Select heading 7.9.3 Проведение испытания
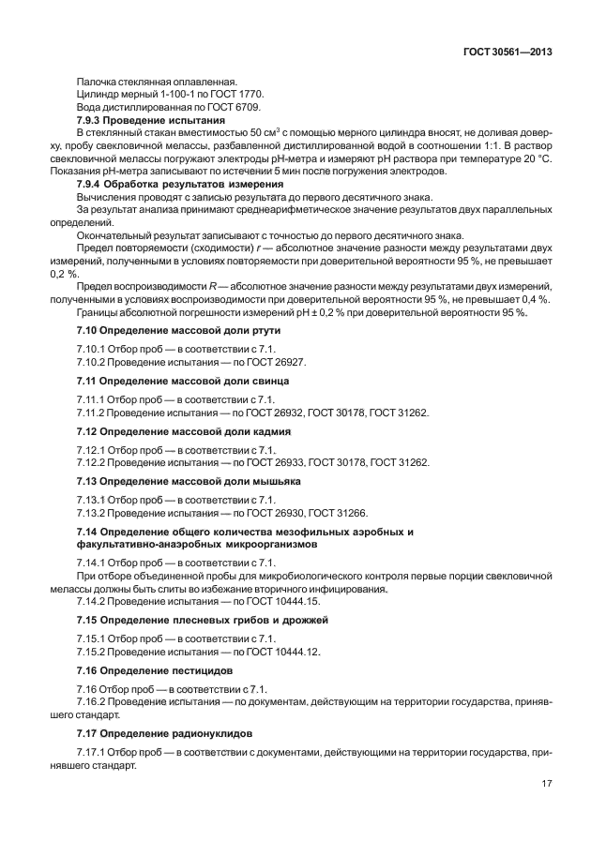(x=150, y=121)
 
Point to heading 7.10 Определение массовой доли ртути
(x=177, y=330)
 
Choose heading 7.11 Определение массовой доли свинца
(x=182, y=381)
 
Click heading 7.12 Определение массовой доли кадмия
(x=183, y=431)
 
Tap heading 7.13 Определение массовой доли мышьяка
(x=188, y=481)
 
